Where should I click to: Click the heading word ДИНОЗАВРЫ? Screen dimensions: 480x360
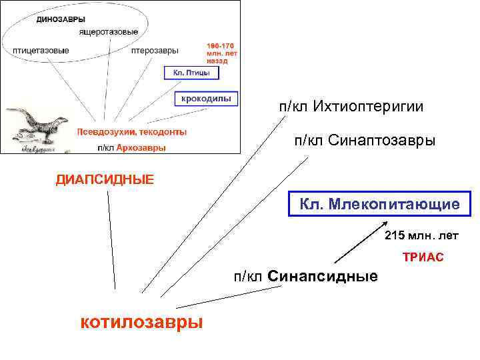point(60,19)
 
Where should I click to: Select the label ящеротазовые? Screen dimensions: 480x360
point(108,32)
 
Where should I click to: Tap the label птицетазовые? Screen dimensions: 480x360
point(41,51)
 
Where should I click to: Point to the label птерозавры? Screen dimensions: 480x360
point(154,51)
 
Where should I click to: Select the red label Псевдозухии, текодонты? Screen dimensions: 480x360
point(131,132)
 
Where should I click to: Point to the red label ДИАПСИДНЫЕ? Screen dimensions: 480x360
point(105,179)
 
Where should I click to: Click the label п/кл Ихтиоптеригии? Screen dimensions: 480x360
point(351,107)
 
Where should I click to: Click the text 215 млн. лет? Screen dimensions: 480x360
point(421,235)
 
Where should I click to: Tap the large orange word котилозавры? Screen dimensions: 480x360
point(141,322)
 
